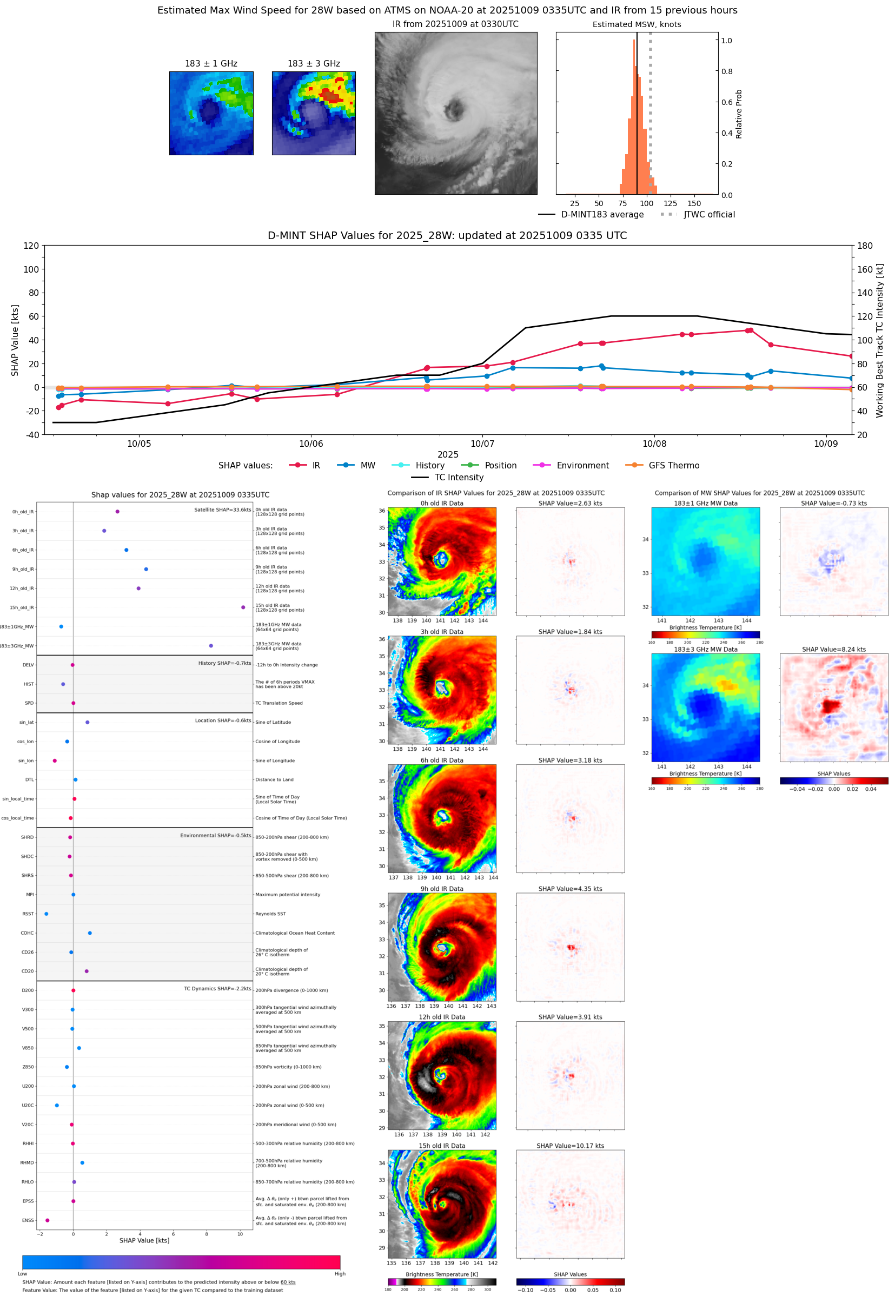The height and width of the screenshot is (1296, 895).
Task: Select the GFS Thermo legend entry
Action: [x=673, y=466]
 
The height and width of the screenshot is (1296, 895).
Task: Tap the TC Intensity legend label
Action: [x=458, y=477]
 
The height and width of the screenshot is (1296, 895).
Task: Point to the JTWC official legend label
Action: [x=709, y=214]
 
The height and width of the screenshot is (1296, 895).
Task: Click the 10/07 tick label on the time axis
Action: [x=482, y=444]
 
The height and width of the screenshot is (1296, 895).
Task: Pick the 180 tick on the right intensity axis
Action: [x=865, y=246]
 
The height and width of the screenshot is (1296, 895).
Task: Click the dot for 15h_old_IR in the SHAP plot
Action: [x=243, y=607]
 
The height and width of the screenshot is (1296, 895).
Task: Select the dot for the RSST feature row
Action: [x=46, y=914]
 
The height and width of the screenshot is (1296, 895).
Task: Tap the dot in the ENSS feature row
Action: [x=47, y=1220]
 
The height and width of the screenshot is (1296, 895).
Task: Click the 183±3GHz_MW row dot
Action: [x=211, y=645]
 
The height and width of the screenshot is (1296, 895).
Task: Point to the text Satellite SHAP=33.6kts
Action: [x=222, y=510]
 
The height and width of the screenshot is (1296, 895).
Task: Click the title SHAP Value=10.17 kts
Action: [x=570, y=1146]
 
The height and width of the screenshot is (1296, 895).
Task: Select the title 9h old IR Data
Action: [x=442, y=889]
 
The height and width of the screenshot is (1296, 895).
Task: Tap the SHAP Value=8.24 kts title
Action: [x=833, y=650]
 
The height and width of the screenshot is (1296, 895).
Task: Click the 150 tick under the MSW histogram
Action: [x=694, y=203]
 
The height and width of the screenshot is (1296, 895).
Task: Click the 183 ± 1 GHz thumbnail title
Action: [x=211, y=64]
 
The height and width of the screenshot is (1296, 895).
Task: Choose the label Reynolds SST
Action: [x=270, y=914]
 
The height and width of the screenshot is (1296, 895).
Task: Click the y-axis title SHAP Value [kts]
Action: [x=15, y=340]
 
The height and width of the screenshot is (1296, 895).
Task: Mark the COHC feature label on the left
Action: [x=27, y=933]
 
